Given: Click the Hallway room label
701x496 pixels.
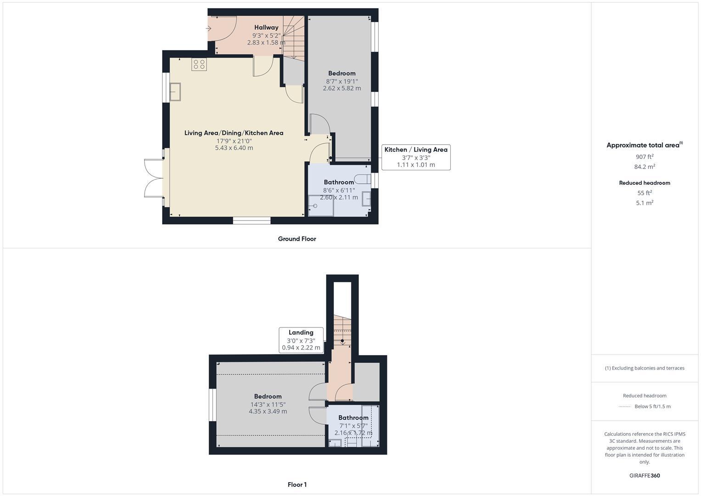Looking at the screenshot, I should coord(266,28).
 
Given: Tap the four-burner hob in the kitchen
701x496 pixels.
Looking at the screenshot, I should coord(199,64).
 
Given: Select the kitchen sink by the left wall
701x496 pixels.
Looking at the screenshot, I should coord(175,91).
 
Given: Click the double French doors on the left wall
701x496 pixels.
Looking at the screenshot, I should coord(154,178).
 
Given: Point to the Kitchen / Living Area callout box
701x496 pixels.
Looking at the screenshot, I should coord(415,157).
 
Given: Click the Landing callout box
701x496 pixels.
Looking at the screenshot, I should coord(301,340).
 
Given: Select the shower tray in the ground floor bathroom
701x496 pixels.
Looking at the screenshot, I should coord(320,205).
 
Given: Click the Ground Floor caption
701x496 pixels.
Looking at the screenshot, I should coord(297,239).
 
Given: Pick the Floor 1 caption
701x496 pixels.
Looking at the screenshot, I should coord(297,485).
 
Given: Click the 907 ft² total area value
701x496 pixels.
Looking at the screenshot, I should coord(645,157).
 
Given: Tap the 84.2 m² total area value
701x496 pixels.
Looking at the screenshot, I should coord(645,167).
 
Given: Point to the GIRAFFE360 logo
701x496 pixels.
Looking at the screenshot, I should coord(645,475).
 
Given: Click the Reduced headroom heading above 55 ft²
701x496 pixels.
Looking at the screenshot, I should coord(645,183).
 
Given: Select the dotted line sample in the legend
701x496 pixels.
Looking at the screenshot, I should coord(624,406).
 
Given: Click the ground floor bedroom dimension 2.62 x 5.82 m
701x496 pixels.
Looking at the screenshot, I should coord(342,88).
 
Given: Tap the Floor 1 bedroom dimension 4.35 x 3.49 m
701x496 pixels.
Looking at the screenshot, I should coord(268,411).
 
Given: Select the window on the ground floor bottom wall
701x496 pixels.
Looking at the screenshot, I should coord(251,221).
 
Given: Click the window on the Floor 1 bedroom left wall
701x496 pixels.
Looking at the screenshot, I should coord(213,405).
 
